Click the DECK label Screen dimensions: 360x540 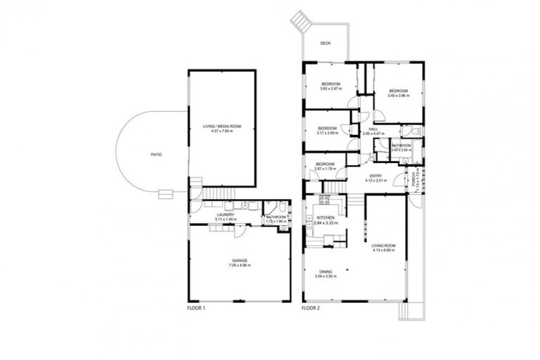(x=325, y=43)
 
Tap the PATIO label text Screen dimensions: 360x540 (x=155, y=154)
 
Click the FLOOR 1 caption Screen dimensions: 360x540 (x=195, y=308)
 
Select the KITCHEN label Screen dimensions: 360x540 (x=325, y=219)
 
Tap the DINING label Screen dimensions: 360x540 (x=324, y=271)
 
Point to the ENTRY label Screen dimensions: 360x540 (x=373, y=176)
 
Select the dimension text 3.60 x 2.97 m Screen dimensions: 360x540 (x=330, y=89)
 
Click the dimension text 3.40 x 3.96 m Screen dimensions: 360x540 (x=399, y=95)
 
